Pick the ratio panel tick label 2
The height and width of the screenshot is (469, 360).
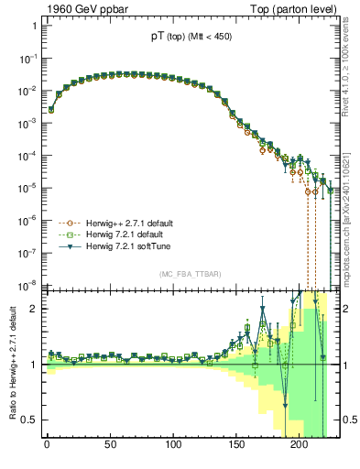[x=35, y=308]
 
